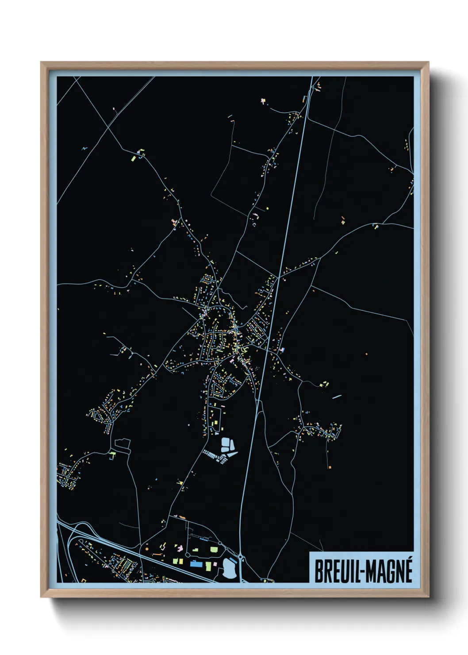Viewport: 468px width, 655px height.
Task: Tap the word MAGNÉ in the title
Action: click(389, 571)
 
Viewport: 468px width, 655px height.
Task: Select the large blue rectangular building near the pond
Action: click(195, 564)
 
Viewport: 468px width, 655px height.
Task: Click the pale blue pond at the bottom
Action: click(229, 568)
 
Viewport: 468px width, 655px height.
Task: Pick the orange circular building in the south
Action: click(146, 549)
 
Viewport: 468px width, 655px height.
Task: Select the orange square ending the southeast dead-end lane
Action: click(330, 467)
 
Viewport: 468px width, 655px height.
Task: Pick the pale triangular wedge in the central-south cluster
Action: click(232, 452)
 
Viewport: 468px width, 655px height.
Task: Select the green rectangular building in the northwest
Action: click(133, 158)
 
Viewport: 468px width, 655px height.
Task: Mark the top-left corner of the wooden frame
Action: click(41, 62)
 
